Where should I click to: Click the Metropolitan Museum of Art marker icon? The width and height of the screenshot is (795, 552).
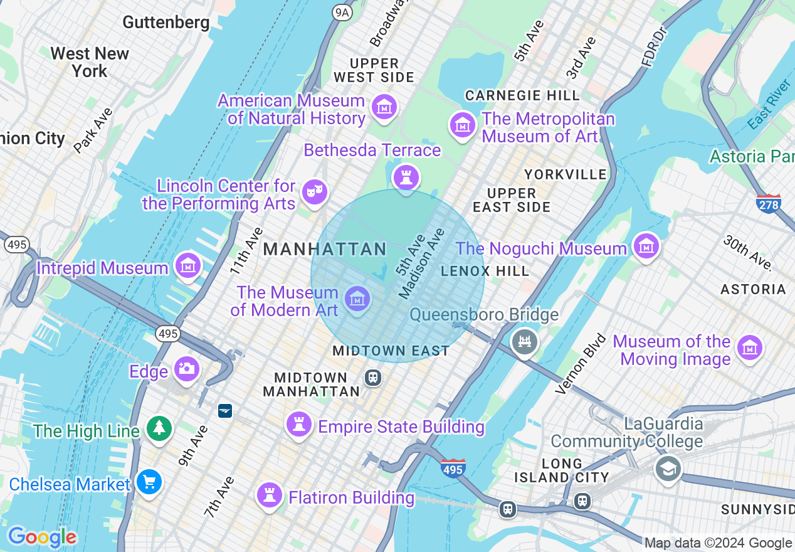point(463,125)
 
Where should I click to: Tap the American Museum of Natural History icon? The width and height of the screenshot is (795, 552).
point(384,107)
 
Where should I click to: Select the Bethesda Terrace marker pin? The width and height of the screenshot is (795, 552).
point(406,176)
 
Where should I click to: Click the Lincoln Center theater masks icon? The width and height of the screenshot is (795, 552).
point(314,191)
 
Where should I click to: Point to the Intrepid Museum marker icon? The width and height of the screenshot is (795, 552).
point(187,265)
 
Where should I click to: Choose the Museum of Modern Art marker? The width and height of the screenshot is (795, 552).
point(357,299)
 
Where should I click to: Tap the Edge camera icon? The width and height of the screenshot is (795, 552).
point(186,369)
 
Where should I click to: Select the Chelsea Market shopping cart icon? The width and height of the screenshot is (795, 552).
point(149,482)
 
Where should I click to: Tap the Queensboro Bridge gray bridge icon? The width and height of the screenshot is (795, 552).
point(524,341)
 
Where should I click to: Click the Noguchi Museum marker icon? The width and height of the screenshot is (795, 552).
point(646,246)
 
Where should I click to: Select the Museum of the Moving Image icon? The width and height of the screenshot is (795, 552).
point(750,348)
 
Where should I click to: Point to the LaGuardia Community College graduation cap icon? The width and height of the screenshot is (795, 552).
point(668,469)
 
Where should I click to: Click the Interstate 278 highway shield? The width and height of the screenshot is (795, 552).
point(769,203)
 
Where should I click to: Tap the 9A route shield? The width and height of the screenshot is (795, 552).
point(342,12)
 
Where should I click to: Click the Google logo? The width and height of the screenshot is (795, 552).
point(42,537)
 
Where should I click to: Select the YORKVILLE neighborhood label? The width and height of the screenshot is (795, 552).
point(566,174)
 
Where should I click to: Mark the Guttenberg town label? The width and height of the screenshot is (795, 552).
point(166,23)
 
